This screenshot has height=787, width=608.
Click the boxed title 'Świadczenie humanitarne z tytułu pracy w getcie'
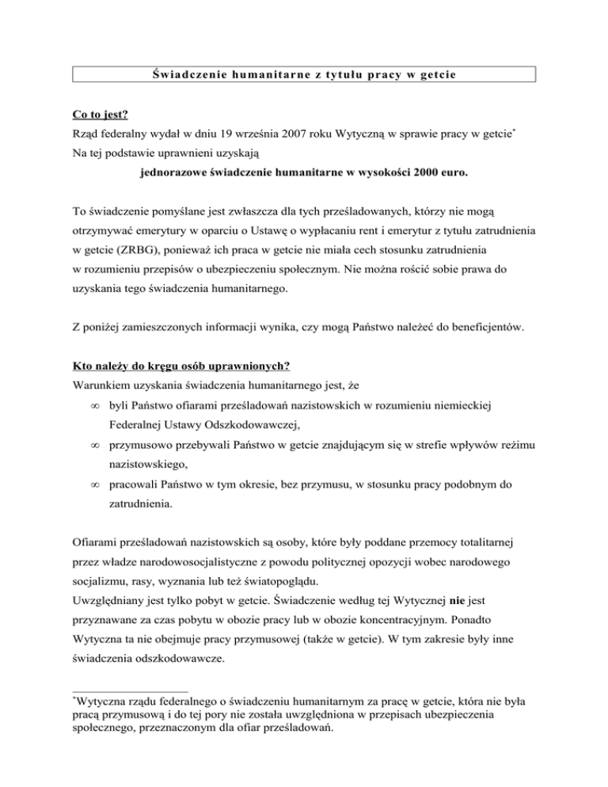[304, 75]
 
